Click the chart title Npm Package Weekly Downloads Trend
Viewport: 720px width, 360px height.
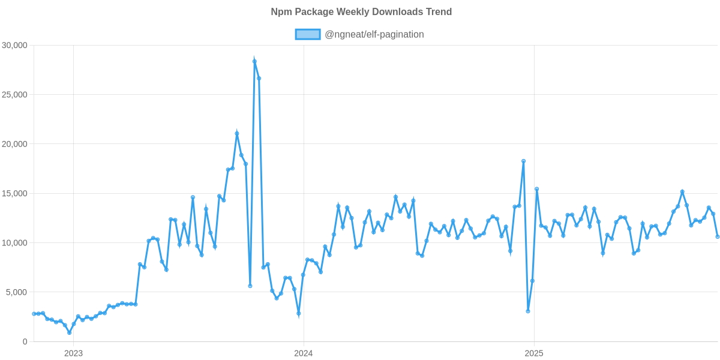coord(361,12)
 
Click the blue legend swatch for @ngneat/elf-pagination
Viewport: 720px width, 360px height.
coord(307,35)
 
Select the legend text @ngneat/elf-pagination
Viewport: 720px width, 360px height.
coord(374,35)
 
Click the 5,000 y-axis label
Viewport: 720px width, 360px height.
coord(17,292)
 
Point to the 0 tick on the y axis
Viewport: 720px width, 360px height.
coord(25,342)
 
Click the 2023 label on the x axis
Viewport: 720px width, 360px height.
coord(73,353)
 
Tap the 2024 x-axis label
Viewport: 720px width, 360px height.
coord(304,353)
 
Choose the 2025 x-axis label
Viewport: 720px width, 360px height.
coord(534,353)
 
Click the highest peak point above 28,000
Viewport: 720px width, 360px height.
coord(254,61)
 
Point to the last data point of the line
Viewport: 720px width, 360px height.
coord(718,236)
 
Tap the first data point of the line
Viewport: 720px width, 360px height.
coord(34,314)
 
